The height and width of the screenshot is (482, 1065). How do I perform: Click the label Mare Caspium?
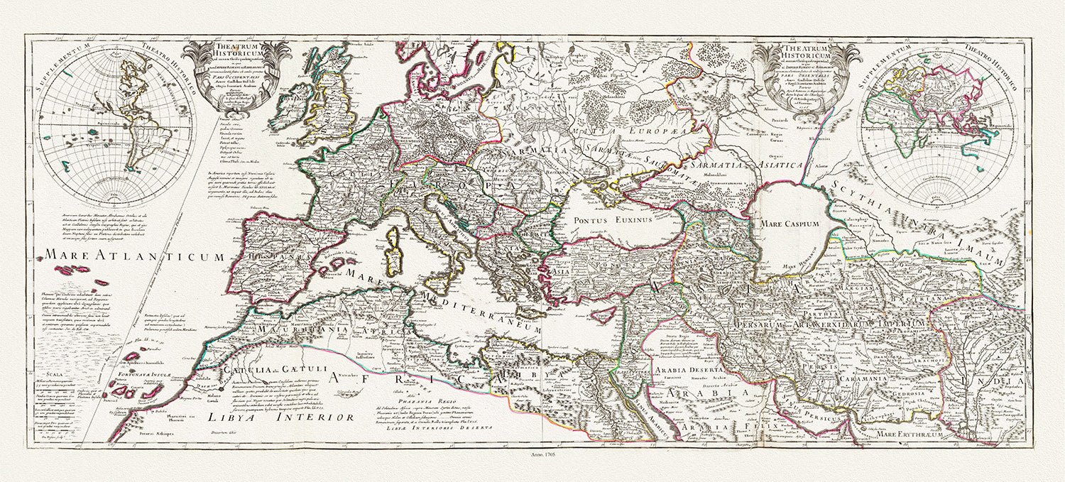[790, 224]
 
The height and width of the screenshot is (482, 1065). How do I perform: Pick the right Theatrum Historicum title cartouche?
[808, 76]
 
